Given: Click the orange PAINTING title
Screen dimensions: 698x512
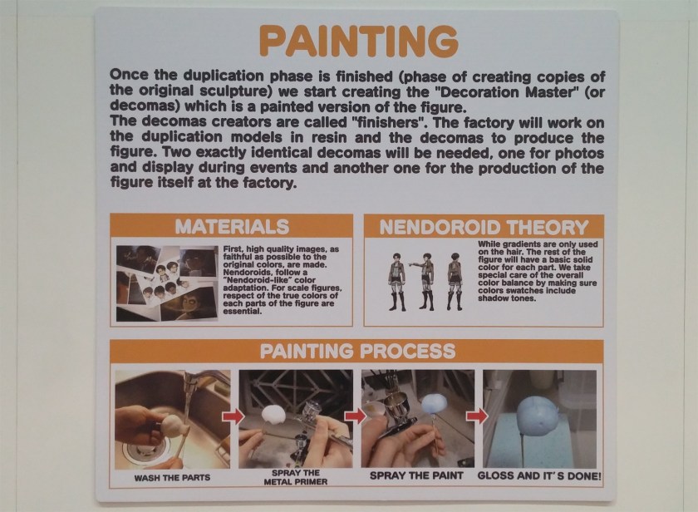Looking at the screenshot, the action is point(359,41).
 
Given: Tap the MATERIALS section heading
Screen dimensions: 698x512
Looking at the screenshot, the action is point(232,227).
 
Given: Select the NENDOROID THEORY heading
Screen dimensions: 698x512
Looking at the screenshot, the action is point(484,227).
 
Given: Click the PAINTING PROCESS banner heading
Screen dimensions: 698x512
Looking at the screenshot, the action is point(357,351).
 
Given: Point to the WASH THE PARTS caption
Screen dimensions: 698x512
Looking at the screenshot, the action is point(172,478).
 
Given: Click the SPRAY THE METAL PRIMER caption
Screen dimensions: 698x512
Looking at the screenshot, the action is point(296,477).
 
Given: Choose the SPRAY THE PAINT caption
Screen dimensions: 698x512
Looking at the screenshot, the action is point(416,475).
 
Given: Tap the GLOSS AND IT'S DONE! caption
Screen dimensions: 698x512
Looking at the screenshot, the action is point(539,475).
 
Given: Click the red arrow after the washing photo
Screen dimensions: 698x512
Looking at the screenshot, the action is point(233,416).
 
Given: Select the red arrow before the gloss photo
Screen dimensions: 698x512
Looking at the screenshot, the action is point(477,416).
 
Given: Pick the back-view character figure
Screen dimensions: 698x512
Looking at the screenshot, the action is point(455,282).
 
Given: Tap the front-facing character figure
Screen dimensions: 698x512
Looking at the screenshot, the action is point(396,282).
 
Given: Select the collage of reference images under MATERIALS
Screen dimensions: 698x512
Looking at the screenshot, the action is point(167,283).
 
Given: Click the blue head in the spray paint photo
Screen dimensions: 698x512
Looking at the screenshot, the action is point(435,404).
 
